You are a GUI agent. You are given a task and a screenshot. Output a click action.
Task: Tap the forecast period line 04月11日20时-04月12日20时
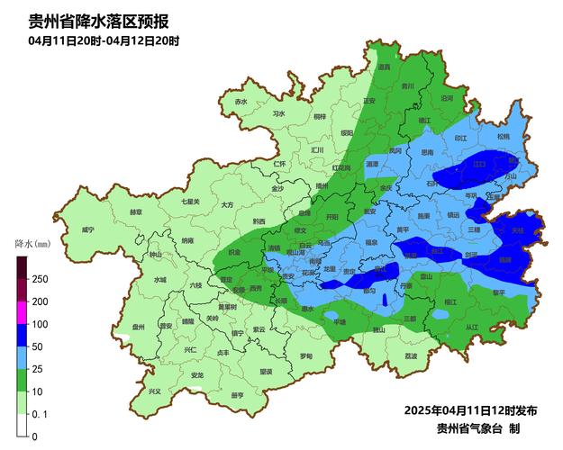pos(104,40)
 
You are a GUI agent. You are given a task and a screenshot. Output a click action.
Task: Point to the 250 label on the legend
pos(40,279)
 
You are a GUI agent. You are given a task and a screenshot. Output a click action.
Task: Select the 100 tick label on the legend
pos(40,324)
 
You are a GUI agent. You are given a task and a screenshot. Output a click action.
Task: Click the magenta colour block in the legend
pos(22,312)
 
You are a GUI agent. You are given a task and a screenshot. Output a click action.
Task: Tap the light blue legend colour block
pos(22,357)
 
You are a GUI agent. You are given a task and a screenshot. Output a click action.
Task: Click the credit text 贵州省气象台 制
pos(477,428)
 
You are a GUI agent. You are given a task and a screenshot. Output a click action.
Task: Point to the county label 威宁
pos(87,230)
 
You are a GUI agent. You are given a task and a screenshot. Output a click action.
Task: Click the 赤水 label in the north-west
pos(241,102)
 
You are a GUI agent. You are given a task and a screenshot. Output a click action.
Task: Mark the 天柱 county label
pos(516,230)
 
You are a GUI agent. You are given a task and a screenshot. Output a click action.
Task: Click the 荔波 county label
pos(411,356)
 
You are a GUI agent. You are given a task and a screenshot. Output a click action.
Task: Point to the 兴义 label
pos(154,391)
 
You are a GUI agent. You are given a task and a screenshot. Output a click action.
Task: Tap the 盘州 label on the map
pos(138,328)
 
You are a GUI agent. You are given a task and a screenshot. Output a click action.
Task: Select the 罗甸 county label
pos(306,356)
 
